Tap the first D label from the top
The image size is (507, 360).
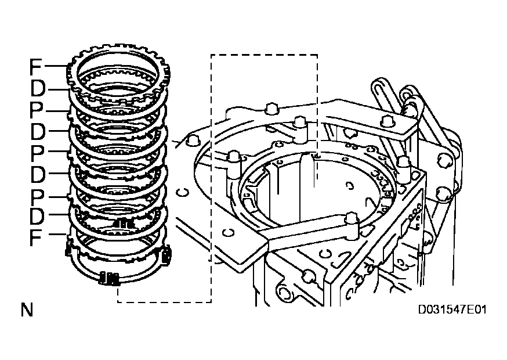pyautogui.click(x=38, y=89)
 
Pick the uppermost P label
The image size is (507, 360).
pyautogui.click(x=37, y=110)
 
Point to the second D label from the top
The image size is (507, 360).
pyautogui.click(x=38, y=131)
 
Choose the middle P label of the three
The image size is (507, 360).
pyautogui.click(x=37, y=152)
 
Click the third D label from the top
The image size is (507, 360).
pyautogui.click(x=38, y=173)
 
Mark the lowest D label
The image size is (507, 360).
pyautogui.click(x=38, y=215)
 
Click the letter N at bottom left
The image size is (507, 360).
pyautogui.click(x=27, y=309)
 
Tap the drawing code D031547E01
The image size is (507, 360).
pyautogui.click(x=453, y=310)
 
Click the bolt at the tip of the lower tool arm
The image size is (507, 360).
pyautogui.click(x=350, y=219)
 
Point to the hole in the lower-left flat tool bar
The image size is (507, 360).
pyautogui.click(x=227, y=232)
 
